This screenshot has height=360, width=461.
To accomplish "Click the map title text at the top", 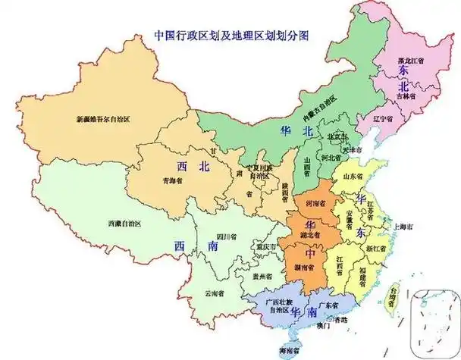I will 230,35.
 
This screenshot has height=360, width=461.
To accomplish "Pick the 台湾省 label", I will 393,290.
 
